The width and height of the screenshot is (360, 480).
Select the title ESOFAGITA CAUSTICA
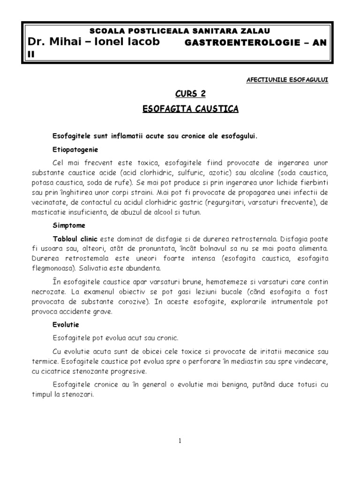[190, 109]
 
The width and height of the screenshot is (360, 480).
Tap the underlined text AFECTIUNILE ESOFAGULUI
[287, 80]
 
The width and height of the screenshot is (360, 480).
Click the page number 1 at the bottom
[180, 441]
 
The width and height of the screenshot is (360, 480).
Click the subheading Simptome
[69, 225]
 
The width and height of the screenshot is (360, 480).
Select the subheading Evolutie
[66, 324]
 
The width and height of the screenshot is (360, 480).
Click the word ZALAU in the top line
[256, 31]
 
